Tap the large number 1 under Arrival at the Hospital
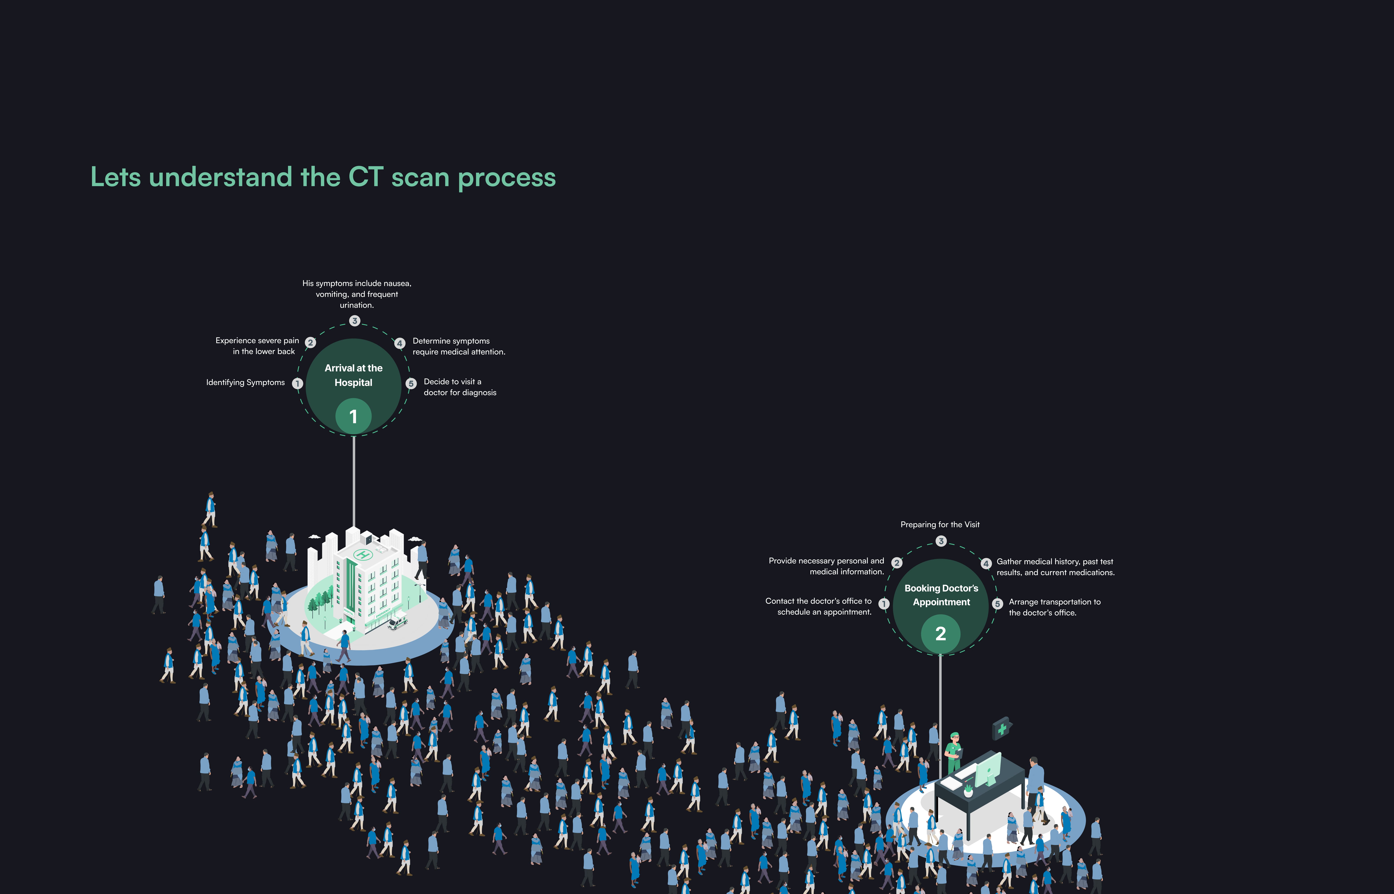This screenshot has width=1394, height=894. (x=353, y=416)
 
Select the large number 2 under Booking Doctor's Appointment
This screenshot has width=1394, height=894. (x=940, y=633)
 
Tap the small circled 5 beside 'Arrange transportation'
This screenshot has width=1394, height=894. (x=997, y=604)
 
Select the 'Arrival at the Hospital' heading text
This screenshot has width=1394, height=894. (x=353, y=375)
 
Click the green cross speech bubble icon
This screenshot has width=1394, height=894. (x=1002, y=729)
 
